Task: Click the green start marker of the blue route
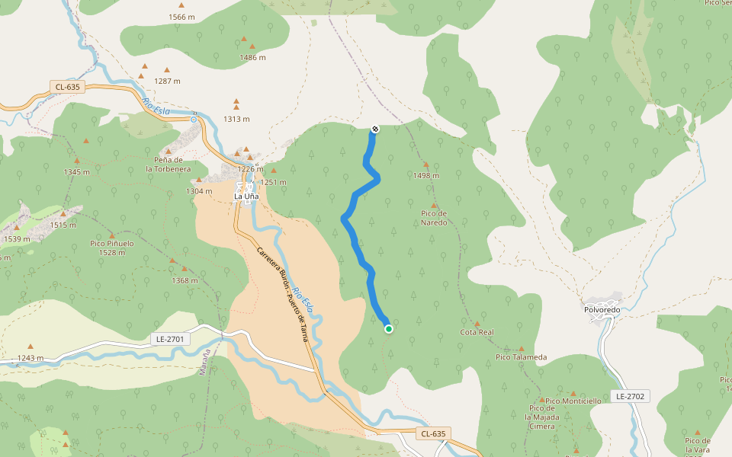[389, 329]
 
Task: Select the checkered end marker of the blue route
[374, 129]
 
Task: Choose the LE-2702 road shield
[631, 396]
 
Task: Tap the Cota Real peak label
[477, 333]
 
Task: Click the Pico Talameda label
[522, 357]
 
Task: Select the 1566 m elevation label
[181, 17]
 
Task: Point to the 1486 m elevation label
[252, 58]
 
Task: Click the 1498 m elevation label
[427, 176]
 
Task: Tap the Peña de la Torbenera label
[169, 164]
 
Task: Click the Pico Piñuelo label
[112, 248]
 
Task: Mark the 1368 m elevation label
[185, 280]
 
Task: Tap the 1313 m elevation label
[236, 119]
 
